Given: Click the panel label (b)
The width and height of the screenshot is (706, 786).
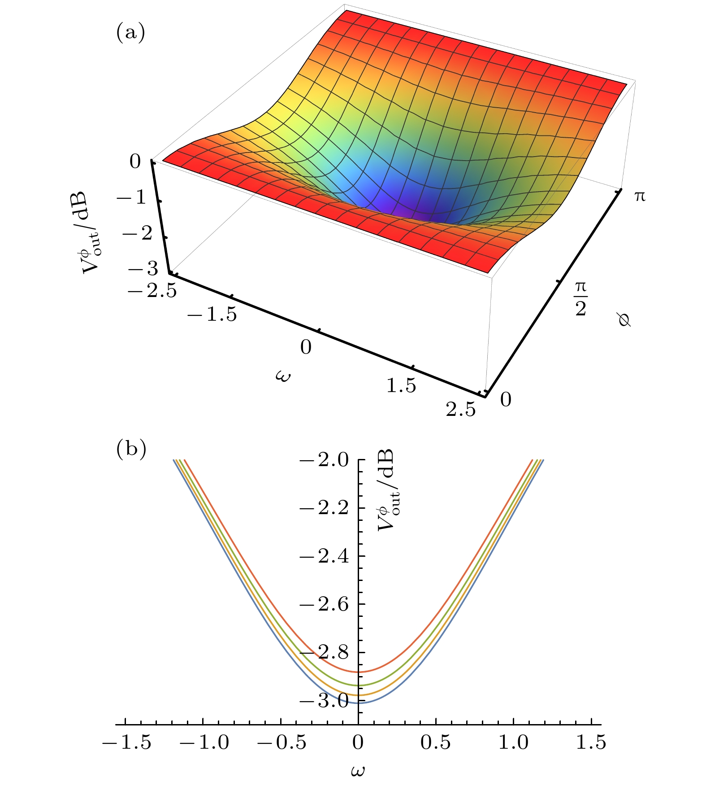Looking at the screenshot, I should coord(131,449).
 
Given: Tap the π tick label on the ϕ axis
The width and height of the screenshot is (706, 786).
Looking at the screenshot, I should coord(640,196).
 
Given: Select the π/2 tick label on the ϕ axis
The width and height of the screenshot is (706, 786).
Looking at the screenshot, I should coord(581,298).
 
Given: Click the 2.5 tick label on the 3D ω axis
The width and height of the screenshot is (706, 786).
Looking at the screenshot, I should coord(460,409).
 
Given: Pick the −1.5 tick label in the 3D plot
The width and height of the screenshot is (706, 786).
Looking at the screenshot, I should coord(212,315).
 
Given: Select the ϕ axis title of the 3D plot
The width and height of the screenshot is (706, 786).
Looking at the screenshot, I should coord(624,319).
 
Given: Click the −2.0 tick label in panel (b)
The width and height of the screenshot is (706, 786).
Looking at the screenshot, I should coord(323,460).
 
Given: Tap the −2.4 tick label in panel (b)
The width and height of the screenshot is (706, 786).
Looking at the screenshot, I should coord(323,556).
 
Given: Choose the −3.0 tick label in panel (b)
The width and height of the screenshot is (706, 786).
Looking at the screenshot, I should coord(323,701).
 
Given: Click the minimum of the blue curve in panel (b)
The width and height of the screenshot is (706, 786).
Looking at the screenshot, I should coord(358,703).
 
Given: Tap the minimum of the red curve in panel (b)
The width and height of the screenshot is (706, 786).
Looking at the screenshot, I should coord(358,672).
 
